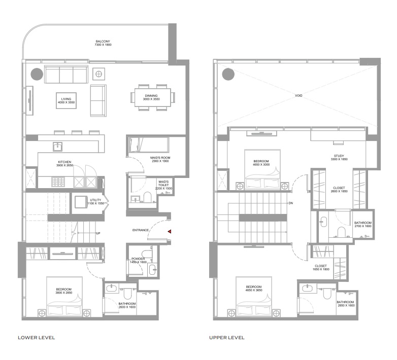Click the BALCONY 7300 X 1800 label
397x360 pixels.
tap(103, 43)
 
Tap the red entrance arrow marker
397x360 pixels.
tap(170, 231)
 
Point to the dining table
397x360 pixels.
tap(152, 97)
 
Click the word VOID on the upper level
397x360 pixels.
tap(299, 95)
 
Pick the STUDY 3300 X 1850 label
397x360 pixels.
tap(339, 158)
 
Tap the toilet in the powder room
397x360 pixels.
tap(147, 254)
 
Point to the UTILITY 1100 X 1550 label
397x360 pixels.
tap(96, 201)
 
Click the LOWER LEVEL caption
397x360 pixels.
tap(36, 337)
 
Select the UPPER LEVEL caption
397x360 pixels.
tap(227, 337)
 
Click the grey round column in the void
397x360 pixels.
tap(228, 75)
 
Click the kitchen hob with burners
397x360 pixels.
tap(57, 181)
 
